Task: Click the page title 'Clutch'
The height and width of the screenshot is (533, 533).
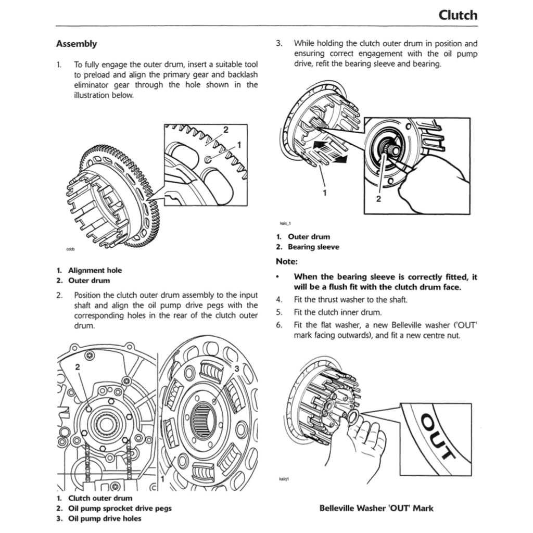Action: [x=458, y=15]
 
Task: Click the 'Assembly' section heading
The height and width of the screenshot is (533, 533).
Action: [x=76, y=44]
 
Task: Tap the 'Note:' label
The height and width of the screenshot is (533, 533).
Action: [x=286, y=261]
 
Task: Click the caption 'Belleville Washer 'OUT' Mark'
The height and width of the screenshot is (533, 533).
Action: [x=376, y=508]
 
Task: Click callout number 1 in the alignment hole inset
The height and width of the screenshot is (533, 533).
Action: [x=239, y=144]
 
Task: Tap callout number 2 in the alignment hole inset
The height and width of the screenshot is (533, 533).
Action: [x=225, y=129]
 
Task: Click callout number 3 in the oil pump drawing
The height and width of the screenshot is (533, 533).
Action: [x=236, y=369]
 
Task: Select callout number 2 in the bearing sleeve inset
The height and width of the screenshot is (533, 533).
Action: [x=378, y=198]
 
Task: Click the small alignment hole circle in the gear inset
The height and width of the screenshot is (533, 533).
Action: [x=208, y=159]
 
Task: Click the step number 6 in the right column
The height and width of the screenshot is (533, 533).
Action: [x=279, y=325]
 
